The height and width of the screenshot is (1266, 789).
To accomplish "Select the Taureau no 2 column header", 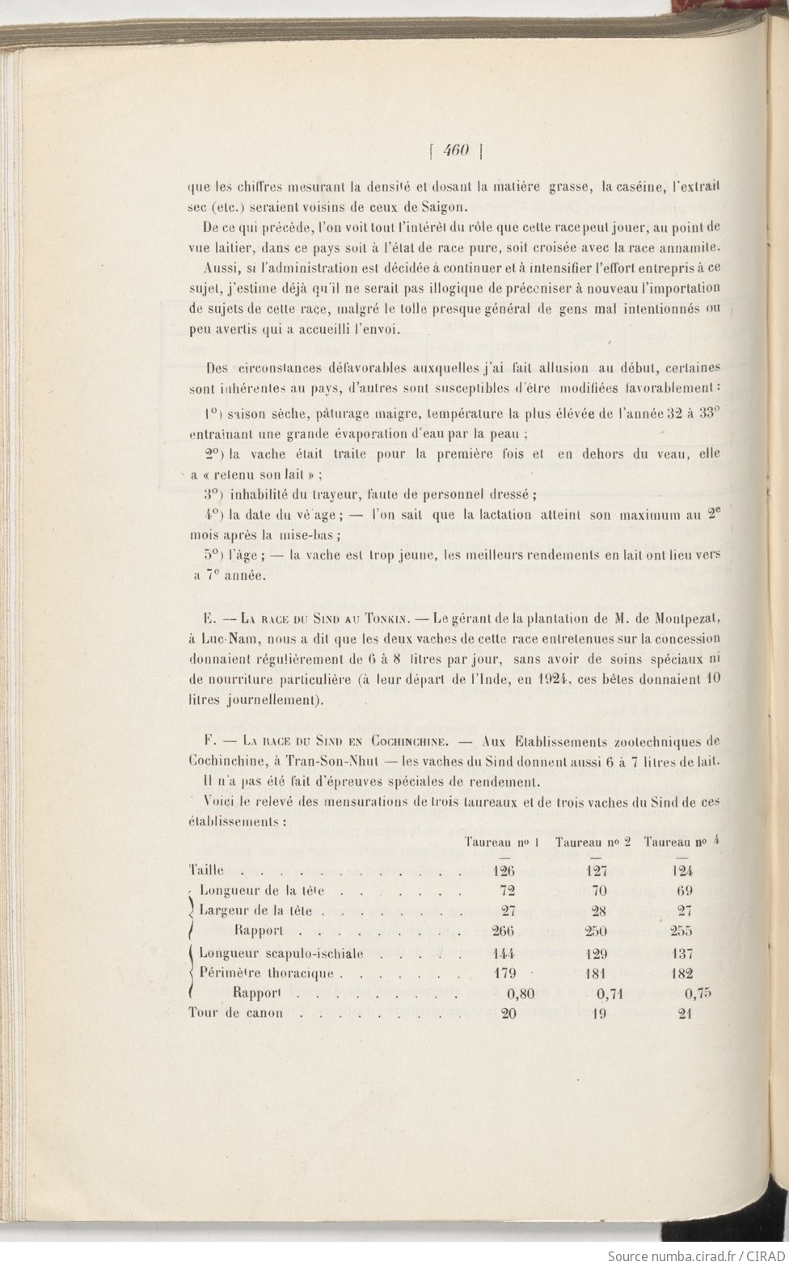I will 593,842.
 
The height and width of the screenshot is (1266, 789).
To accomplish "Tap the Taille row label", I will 205,871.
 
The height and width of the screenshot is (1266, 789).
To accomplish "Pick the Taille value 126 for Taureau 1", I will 504,871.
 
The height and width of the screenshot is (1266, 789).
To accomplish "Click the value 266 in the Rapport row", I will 504,931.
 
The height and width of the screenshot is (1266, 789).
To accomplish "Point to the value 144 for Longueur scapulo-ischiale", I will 504,953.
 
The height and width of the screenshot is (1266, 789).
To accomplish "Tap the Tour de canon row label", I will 235,1013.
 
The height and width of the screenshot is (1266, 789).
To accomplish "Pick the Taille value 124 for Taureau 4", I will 682,871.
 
